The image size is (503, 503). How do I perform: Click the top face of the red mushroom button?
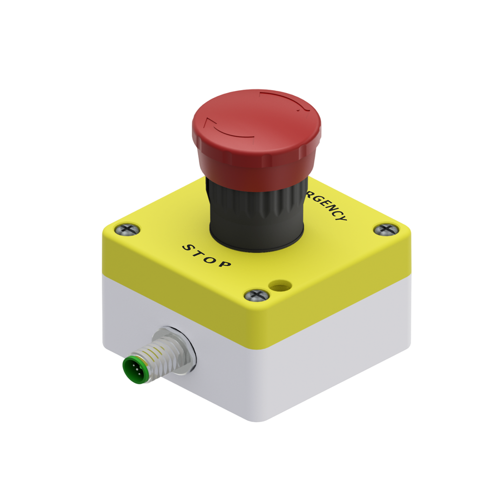click(256, 119)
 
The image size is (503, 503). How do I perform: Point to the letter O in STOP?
click(211, 259)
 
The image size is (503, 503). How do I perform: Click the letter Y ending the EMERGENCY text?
click(342, 218)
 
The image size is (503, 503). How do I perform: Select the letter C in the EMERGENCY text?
click(335, 212)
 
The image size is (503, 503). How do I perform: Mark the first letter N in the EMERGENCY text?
click(330, 208)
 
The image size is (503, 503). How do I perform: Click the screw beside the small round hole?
click(256, 294)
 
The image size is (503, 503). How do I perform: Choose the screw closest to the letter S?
click(125, 229)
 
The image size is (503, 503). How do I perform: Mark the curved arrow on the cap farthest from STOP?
click(286, 100)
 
